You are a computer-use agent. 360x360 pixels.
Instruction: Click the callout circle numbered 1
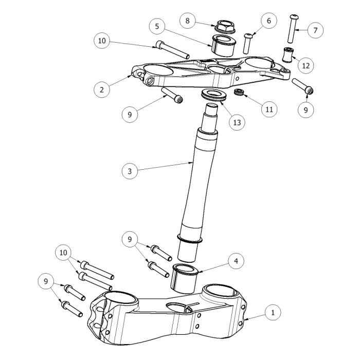(x=273, y=312)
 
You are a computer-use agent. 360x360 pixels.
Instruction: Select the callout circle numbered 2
(x=102, y=89)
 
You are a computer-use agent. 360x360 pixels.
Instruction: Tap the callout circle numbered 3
(x=130, y=171)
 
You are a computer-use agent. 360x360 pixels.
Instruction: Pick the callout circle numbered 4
(x=236, y=261)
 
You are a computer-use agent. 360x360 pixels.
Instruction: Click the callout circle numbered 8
(x=188, y=21)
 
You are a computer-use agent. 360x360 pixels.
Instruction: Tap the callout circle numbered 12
(x=305, y=66)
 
